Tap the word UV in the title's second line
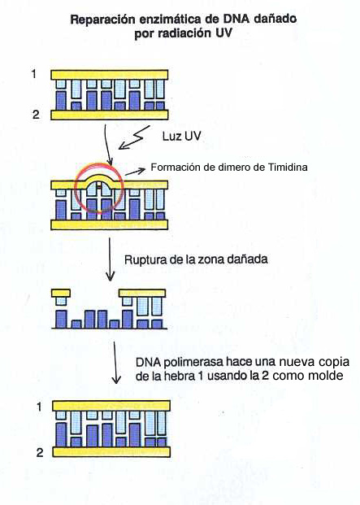[x=223, y=33]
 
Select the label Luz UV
[x=181, y=136]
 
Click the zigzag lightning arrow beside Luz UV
[x=134, y=137]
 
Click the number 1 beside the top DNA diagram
[x=34, y=74]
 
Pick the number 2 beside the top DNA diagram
[x=36, y=115]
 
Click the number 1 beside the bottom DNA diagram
[x=39, y=407]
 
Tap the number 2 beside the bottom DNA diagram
[x=40, y=452]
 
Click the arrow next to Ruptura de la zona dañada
[x=110, y=259]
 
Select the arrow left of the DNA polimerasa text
[x=115, y=363]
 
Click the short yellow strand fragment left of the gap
[x=61, y=293]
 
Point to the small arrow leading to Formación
[x=135, y=172]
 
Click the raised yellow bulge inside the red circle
[x=99, y=178]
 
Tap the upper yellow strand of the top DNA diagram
[x=110, y=75]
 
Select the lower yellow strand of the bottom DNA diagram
[x=111, y=452]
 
